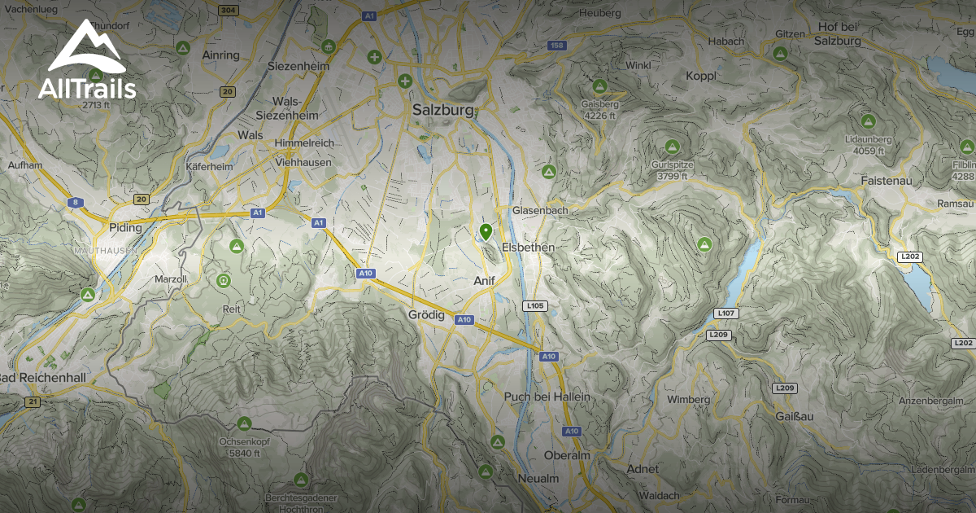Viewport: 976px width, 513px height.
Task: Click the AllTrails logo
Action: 87,61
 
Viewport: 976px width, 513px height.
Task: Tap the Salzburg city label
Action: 442,110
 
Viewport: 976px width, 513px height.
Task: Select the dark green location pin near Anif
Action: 486,232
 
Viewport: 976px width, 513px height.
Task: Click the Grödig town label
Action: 426,314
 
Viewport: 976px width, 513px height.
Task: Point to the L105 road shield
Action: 535,306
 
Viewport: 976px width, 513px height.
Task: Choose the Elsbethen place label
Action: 529,247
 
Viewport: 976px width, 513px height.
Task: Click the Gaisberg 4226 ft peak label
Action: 601,109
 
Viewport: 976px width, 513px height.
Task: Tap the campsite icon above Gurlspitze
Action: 672,147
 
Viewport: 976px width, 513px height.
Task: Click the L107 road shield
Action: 726,313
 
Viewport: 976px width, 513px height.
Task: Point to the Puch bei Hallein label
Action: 547,397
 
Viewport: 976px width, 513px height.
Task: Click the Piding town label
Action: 125,228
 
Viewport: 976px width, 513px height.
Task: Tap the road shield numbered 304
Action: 229,10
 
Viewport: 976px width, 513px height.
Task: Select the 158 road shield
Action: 557,46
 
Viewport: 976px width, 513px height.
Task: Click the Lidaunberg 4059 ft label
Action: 869,145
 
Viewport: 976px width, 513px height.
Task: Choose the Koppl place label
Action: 700,76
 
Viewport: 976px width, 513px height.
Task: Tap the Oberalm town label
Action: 567,455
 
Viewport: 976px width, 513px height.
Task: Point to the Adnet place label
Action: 643,469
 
